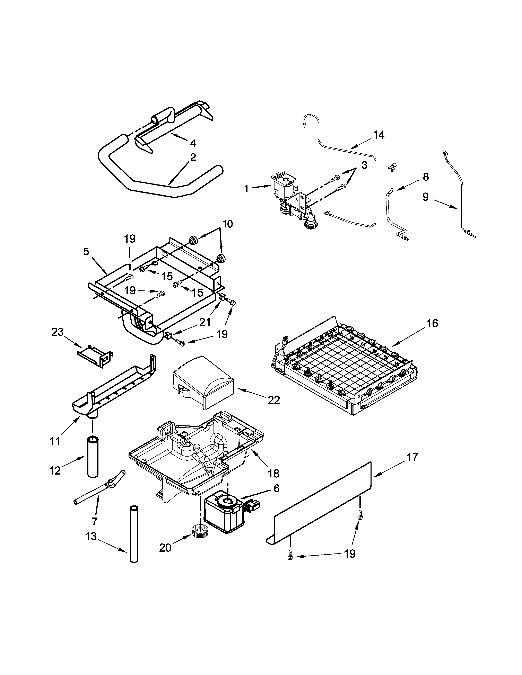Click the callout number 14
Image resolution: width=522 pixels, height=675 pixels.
pyautogui.click(x=379, y=135)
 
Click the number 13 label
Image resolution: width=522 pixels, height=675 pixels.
pyautogui.click(x=91, y=537)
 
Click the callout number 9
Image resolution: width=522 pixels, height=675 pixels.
pyautogui.click(x=426, y=197)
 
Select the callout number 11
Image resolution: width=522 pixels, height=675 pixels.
pyautogui.click(x=55, y=441)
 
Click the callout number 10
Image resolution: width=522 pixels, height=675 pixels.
pyautogui.click(x=228, y=224)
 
